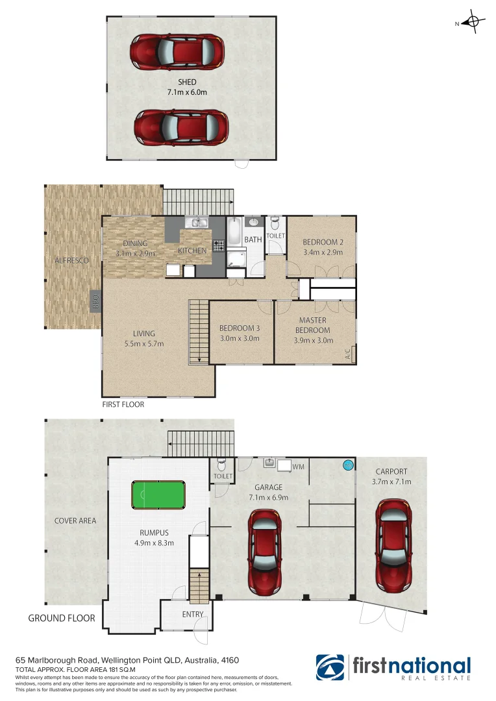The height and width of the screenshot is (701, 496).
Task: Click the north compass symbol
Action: [x=473, y=23]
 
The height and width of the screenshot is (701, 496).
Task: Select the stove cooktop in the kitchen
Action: [x=218, y=246]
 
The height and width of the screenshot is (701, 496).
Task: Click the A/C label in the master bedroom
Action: [x=348, y=354]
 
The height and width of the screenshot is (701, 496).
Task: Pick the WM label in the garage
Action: [x=298, y=466]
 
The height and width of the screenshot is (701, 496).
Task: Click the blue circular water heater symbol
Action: [x=348, y=465]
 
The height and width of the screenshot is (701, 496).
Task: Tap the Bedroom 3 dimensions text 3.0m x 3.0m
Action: [x=240, y=338]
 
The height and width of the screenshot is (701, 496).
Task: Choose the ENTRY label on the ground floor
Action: [x=193, y=614]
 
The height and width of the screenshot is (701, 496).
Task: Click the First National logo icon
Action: [x=330, y=667]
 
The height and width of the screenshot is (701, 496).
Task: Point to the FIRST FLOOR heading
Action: [x=123, y=404]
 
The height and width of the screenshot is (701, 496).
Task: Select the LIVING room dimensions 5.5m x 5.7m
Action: [x=145, y=344]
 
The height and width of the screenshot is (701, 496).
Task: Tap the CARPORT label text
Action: [x=391, y=471]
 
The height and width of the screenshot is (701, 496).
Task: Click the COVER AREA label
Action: [x=75, y=521]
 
